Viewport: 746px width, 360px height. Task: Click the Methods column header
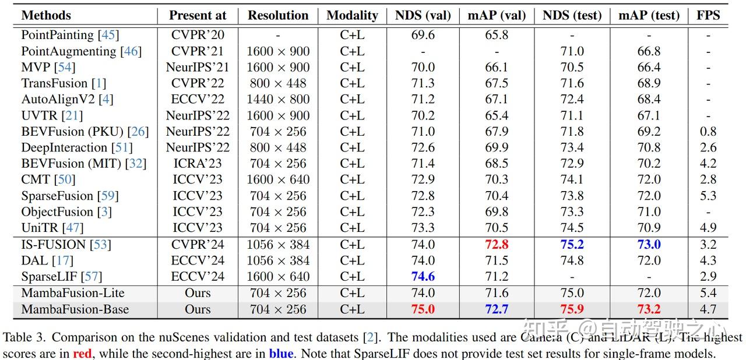[x=46, y=15]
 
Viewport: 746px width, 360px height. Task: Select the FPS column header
[x=708, y=15]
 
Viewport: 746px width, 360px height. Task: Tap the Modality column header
[x=352, y=15]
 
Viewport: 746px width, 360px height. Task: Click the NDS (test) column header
[x=572, y=15]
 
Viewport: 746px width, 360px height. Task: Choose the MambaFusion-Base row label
[x=75, y=309]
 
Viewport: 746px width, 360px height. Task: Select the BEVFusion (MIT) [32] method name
[x=83, y=164]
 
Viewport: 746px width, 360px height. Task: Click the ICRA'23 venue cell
[x=198, y=164]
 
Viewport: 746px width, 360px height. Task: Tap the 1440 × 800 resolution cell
[x=278, y=100]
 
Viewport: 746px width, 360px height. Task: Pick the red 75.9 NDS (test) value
[x=572, y=309]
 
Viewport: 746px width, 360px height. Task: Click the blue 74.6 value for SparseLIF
[x=423, y=277]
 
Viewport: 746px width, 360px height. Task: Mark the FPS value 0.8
[x=708, y=132]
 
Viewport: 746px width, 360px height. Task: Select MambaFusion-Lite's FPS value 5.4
[x=708, y=293]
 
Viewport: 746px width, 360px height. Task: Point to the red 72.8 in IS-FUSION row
[x=497, y=245]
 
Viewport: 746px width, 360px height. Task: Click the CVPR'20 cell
[x=198, y=35]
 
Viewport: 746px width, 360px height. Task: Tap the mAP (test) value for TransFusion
[x=649, y=83]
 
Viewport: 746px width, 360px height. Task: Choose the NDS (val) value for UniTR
[x=423, y=228]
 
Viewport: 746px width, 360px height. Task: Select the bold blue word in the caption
[x=281, y=353]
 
